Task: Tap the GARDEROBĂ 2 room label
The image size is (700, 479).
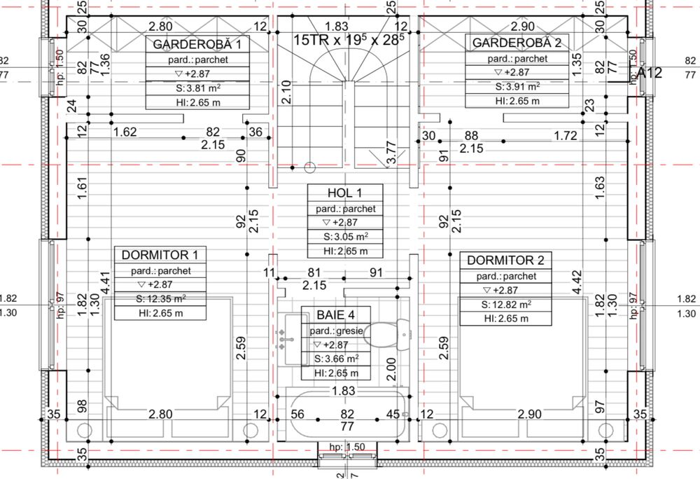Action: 517,43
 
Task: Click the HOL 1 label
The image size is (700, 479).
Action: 346,193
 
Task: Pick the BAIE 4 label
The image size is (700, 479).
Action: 332,315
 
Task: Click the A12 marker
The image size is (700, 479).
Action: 649,72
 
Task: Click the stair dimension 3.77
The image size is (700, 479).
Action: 391,153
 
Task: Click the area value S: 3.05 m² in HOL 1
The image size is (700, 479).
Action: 346,237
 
